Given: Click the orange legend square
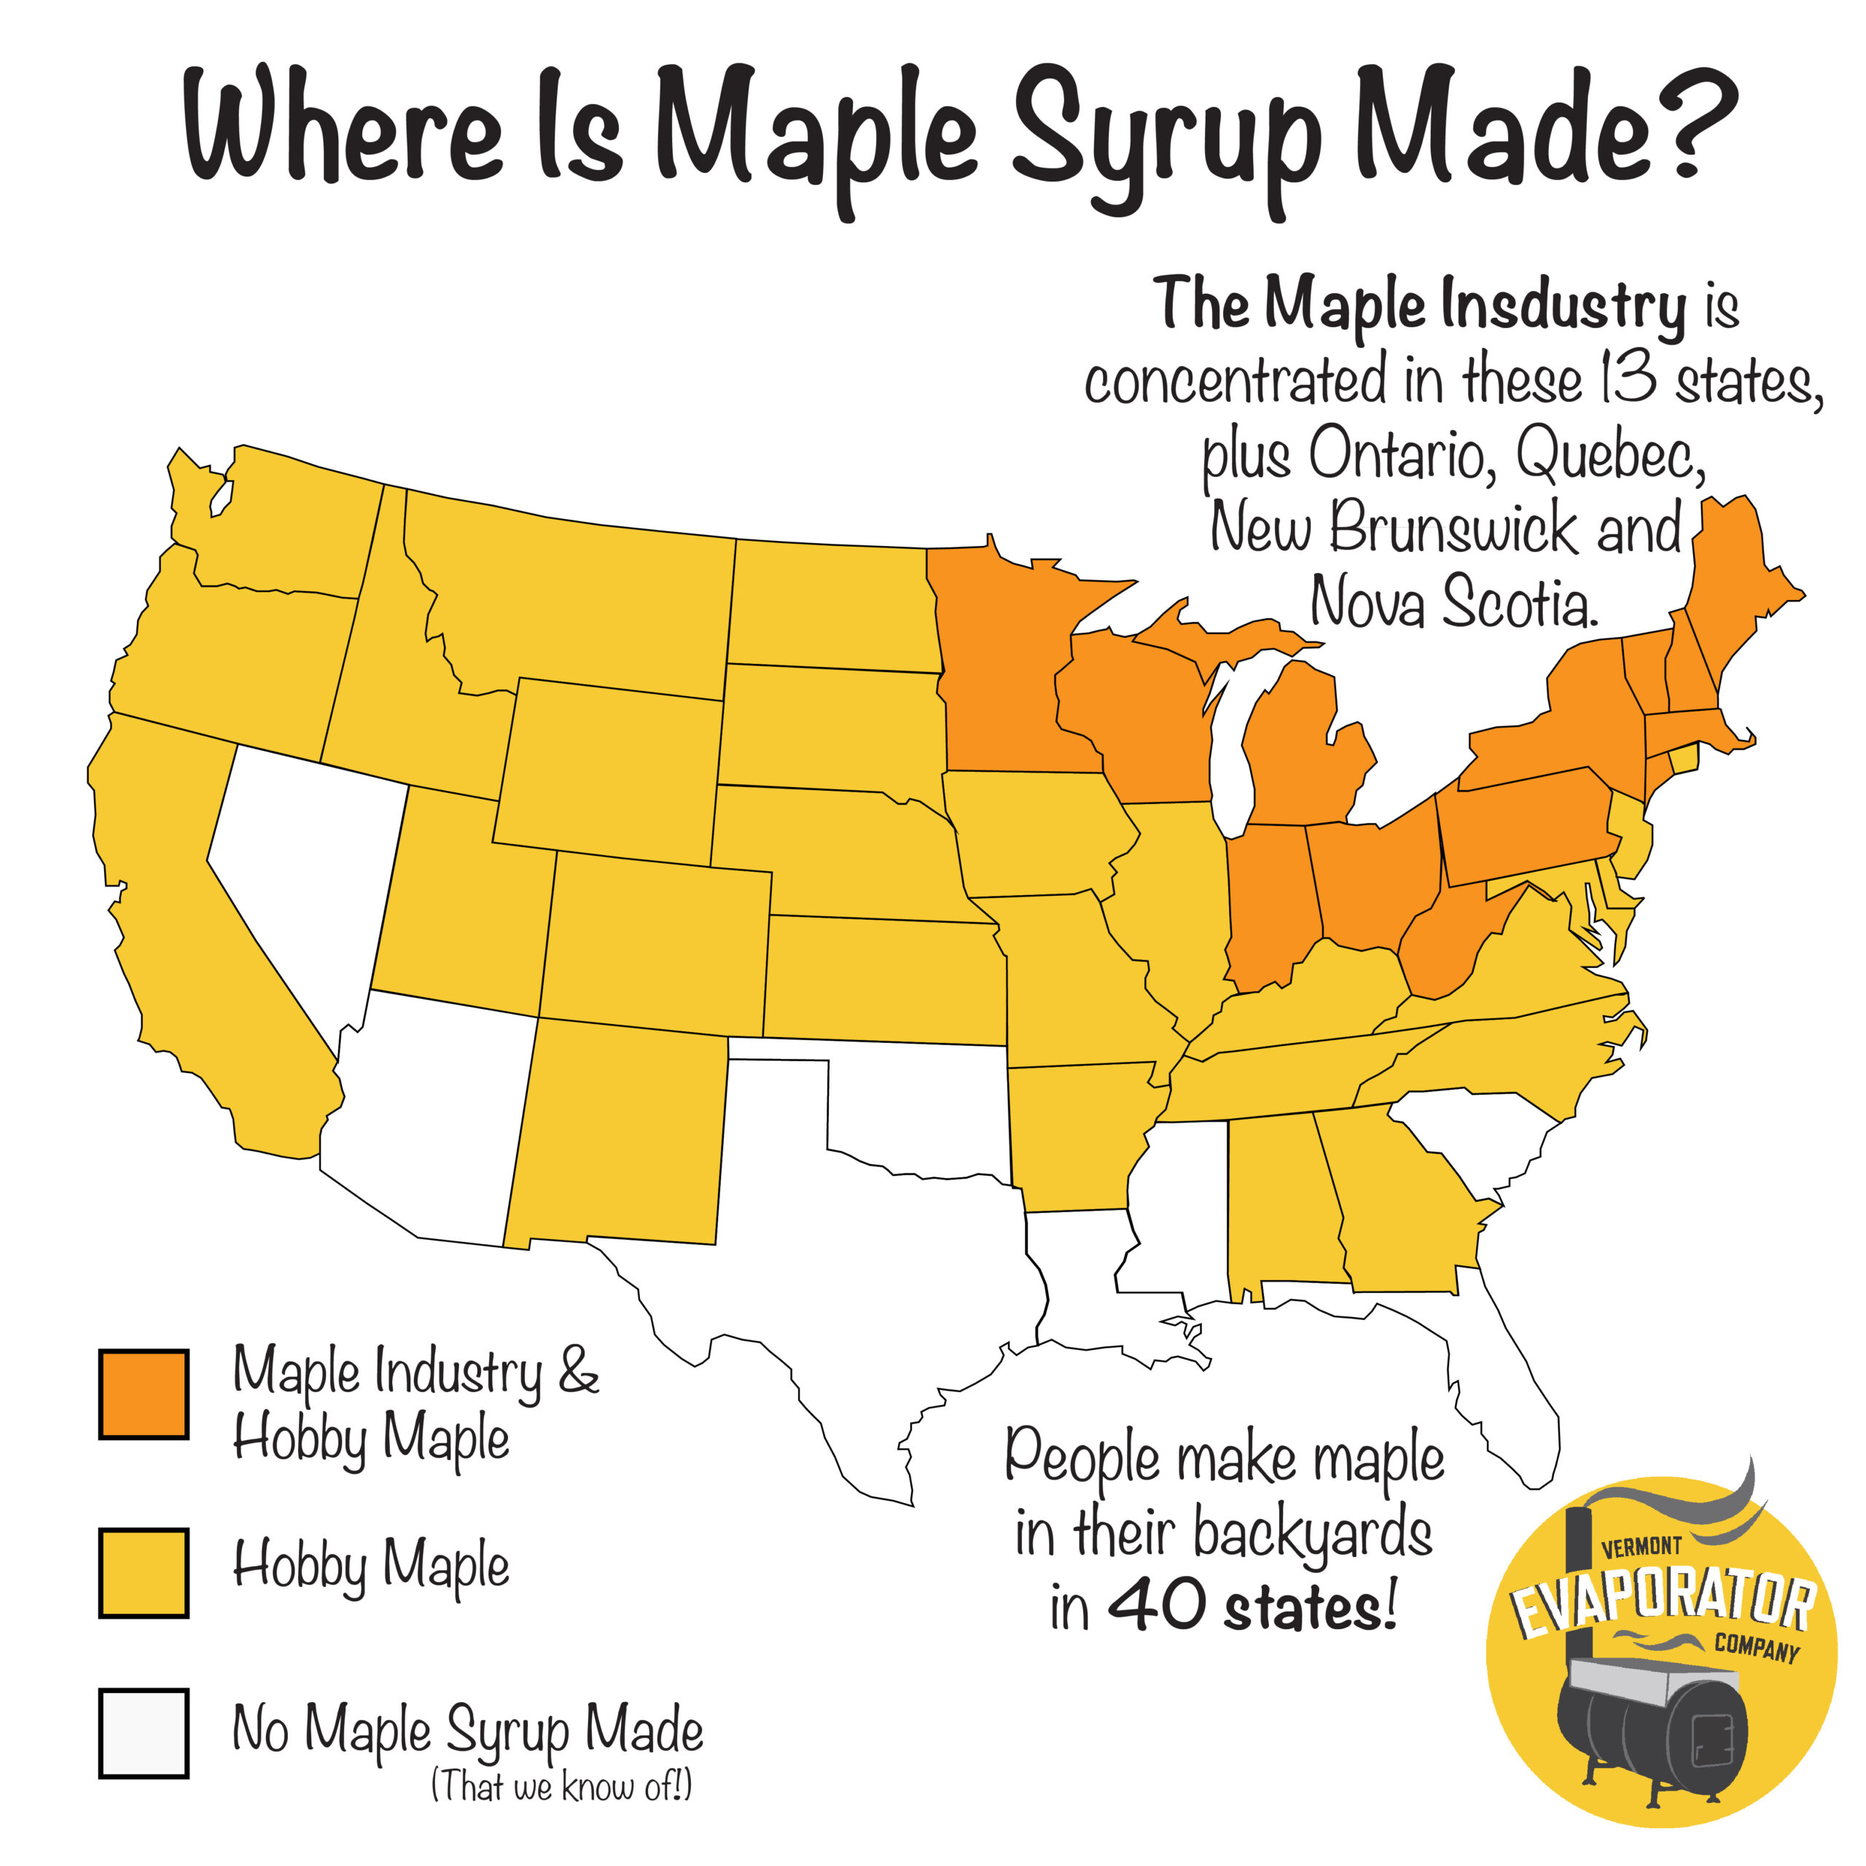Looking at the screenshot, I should point(143,1394).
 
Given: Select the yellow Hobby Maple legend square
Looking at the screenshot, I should point(143,1572).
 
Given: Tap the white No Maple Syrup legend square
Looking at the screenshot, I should point(143,1733).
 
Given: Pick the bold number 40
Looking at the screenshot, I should point(1156,1604).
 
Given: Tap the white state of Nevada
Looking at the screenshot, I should point(309,870).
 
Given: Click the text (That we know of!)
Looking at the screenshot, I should point(561,1786).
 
